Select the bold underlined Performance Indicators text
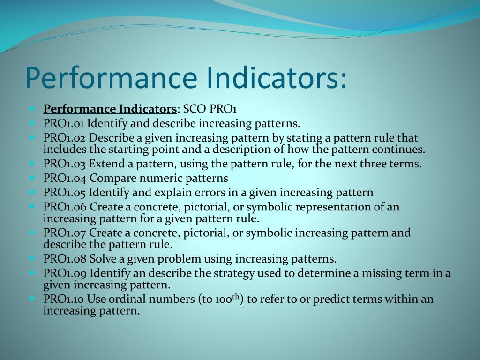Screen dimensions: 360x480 (x=110, y=109)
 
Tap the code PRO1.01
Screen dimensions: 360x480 (x=64, y=124)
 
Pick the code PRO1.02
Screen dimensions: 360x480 (x=65, y=138)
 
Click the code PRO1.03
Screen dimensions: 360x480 (x=65, y=164)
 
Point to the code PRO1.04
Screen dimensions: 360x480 (x=65, y=178)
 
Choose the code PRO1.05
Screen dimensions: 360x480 (x=65, y=192)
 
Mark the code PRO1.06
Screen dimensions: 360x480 (x=65, y=207)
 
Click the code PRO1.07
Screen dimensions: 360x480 (x=65, y=232)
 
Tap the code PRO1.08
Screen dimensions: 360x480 (x=65, y=259)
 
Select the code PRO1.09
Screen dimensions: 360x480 (x=65, y=273)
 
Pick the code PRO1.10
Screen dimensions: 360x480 (x=64, y=299)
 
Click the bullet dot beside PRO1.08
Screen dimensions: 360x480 (x=32, y=258)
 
